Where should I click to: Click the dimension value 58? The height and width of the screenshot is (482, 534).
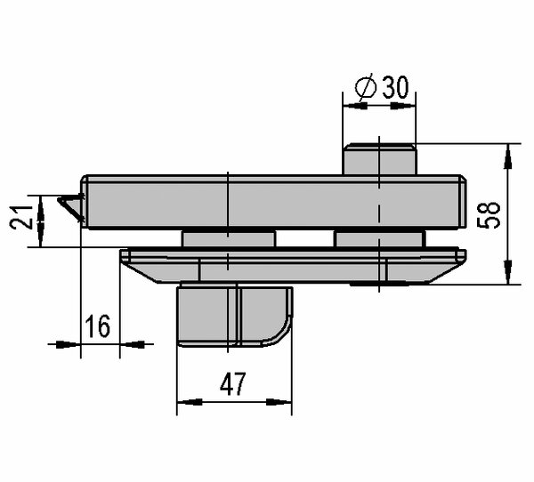pos(489,215)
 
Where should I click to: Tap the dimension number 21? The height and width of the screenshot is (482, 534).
pos(20,218)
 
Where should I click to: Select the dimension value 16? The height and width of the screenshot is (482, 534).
pos(98,326)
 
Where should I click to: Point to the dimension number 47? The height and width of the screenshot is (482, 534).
pos(233,384)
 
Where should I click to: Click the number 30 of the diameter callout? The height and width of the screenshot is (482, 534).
pos(395,87)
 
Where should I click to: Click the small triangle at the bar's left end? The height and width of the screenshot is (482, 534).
pos(72,207)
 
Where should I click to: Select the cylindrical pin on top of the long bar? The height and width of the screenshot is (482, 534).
pos(379,159)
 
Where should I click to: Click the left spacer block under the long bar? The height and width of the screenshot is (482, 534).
pos(229,239)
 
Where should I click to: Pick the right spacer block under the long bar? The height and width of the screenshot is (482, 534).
pos(380,239)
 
